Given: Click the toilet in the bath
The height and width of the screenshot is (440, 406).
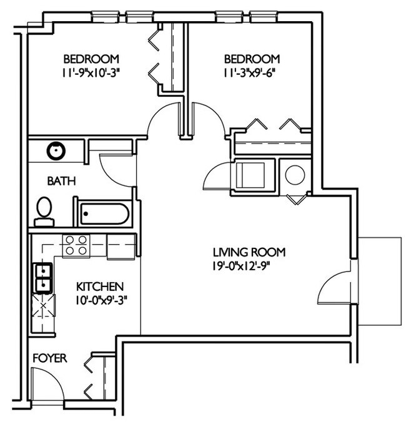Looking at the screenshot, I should [x=44, y=210].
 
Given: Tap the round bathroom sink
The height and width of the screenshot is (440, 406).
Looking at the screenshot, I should [x=56, y=150].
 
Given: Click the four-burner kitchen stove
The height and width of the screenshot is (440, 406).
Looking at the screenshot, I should [x=76, y=245].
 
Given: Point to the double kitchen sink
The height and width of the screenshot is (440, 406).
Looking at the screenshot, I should [x=42, y=278].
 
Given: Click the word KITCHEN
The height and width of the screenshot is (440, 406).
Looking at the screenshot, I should [x=99, y=286].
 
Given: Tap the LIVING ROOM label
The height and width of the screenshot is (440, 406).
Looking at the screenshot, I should [x=249, y=253].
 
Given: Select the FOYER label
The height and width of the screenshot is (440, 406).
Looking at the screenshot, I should [x=49, y=359].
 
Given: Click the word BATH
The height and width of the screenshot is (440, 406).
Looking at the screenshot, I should [x=62, y=182].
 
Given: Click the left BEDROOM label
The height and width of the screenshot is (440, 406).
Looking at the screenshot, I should [x=91, y=59].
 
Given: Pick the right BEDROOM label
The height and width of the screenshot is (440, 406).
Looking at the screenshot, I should [x=252, y=59].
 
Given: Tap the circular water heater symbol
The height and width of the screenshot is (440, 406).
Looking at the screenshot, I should [x=295, y=175].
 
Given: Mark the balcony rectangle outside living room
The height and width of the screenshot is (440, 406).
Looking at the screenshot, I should [x=380, y=281].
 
